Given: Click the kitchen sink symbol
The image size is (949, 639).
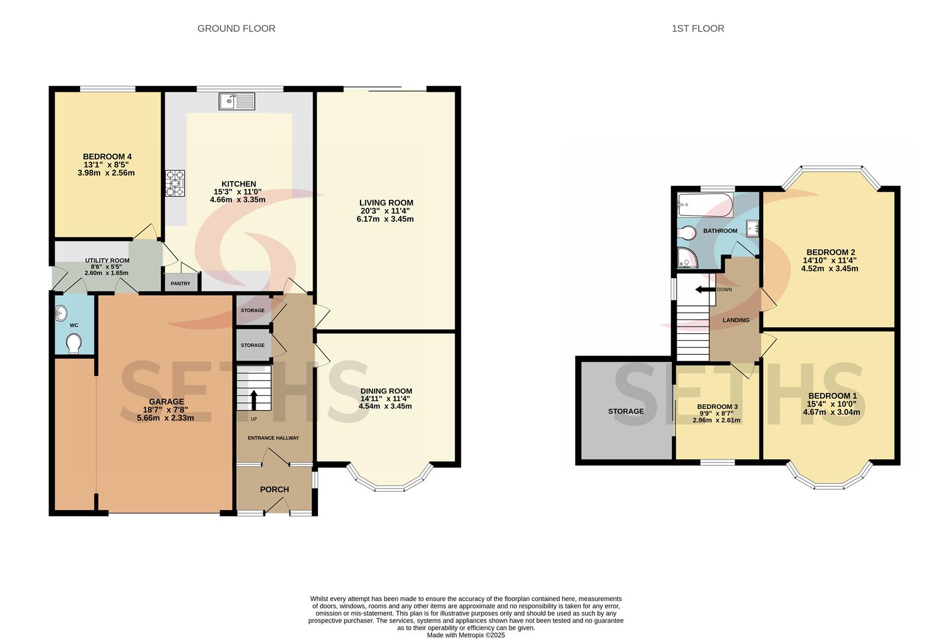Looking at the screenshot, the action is point(237,101).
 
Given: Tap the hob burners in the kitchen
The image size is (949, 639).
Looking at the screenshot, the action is point(175,183).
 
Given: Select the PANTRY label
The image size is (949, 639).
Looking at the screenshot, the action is point(181,284).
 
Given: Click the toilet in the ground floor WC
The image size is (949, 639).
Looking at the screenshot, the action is point(74,343).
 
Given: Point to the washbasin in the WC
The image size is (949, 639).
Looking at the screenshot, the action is point(62,314).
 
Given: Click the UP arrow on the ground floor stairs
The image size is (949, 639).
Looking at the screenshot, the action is point(254,400).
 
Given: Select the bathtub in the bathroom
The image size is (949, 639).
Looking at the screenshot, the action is point(706,205).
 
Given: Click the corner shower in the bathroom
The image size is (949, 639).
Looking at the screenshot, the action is point(687,258).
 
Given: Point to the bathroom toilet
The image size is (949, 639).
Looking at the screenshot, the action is point(687,233).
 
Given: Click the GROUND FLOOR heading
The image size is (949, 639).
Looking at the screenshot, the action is point(236,28).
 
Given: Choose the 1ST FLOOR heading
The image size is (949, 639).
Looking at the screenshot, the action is point(698,28).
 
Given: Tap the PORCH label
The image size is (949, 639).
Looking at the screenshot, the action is point(275,489).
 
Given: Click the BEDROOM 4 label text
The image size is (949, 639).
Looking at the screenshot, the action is point(107,157).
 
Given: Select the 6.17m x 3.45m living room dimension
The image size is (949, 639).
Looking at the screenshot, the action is point(385,220).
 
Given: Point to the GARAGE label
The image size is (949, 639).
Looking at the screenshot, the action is point(166,401).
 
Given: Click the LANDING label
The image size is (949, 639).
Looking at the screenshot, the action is point(736,320).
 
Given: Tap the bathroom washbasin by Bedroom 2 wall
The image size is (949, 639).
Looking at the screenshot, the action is point(752,228).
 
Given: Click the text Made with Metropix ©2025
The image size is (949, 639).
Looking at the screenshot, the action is point(465,635).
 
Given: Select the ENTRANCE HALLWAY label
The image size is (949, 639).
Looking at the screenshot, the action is point(274,438).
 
